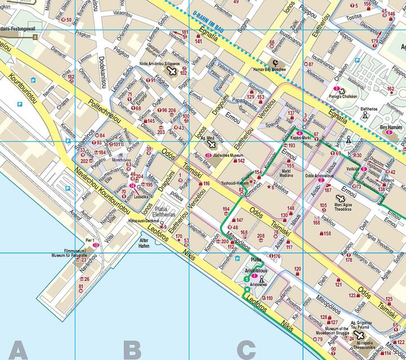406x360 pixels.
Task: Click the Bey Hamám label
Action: pos(390,128)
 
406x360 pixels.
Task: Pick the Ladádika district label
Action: pos(141,197)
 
